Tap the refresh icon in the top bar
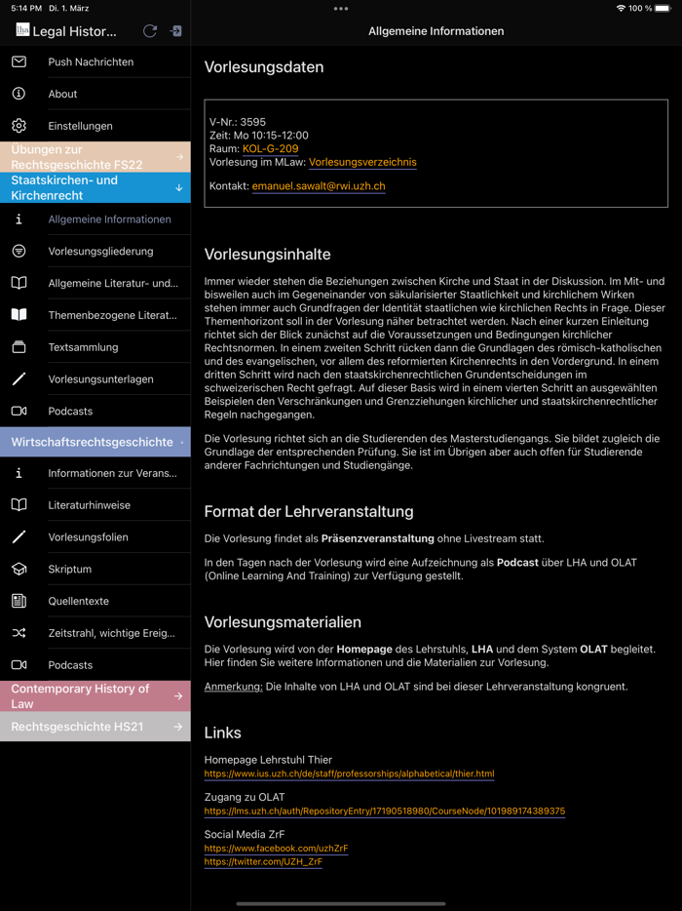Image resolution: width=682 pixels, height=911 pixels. (150, 31)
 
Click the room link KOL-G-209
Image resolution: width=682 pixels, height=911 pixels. (270, 149)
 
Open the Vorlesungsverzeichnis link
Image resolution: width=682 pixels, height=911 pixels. (362, 163)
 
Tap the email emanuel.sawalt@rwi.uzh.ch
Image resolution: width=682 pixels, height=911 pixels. (319, 186)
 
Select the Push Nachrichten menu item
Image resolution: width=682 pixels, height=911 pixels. (91, 62)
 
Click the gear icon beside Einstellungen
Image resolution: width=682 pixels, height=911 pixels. (19, 126)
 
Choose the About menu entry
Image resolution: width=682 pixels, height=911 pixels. (62, 95)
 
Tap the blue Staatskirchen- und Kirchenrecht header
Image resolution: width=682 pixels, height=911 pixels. (95, 188)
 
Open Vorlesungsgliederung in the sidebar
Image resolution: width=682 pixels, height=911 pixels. (100, 252)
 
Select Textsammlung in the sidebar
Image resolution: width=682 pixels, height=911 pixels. (83, 347)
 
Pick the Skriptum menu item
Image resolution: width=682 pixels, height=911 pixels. (70, 570)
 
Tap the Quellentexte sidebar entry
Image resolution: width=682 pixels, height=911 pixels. (79, 602)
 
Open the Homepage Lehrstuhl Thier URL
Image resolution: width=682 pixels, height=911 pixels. (349, 774)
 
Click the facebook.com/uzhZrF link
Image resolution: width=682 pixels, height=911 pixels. (276, 849)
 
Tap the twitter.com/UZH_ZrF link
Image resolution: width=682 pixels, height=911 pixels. (263, 862)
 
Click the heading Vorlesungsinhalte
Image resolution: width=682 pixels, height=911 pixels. (267, 255)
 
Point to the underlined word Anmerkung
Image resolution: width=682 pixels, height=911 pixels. (233, 687)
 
